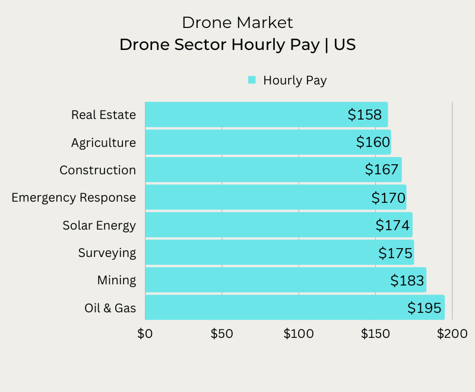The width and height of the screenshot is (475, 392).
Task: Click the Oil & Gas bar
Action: pyautogui.click(x=273, y=308)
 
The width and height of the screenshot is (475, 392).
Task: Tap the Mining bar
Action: pyautogui.click(x=267, y=280)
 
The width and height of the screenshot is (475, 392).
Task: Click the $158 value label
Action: pyautogui.click(x=365, y=114)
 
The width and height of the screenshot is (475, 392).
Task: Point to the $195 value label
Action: pyautogui.click(x=425, y=308)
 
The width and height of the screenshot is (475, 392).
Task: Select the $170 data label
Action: pyautogui.click(x=388, y=197)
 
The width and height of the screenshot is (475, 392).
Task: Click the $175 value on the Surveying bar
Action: pyautogui.click(x=395, y=253)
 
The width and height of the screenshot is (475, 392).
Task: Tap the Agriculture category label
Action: pyautogui.click(x=103, y=143)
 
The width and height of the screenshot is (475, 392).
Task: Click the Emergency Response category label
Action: pyautogui.click(x=74, y=197)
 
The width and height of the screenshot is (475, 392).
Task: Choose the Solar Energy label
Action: pyautogui.click(x=99, y=225)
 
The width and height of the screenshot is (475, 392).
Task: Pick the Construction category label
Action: pyautogui.click(x=97, y=170)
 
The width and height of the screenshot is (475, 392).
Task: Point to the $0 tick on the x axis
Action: pyautogui.click(x=145, y=334)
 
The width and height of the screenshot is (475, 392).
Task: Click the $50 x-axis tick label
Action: pyautogui.click(x=221, y=334)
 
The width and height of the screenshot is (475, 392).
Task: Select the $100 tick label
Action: pyautogui.click(x=298, y=334)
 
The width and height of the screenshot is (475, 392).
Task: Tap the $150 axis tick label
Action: pyautogui.click(x=375, y=334)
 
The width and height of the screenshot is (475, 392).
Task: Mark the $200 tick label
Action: pyautogui.click(x=452, y=334)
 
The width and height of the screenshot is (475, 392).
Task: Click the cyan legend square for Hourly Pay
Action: pyautogui.click(x=252, y=80)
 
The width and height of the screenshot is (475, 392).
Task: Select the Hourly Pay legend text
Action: pyautogui.click(x=294, y=80)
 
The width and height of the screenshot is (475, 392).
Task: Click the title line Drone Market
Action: pyautogui.click(x=237, y=23)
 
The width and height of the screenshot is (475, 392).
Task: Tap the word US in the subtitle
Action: pyautogui.click(x=344, y=45)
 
